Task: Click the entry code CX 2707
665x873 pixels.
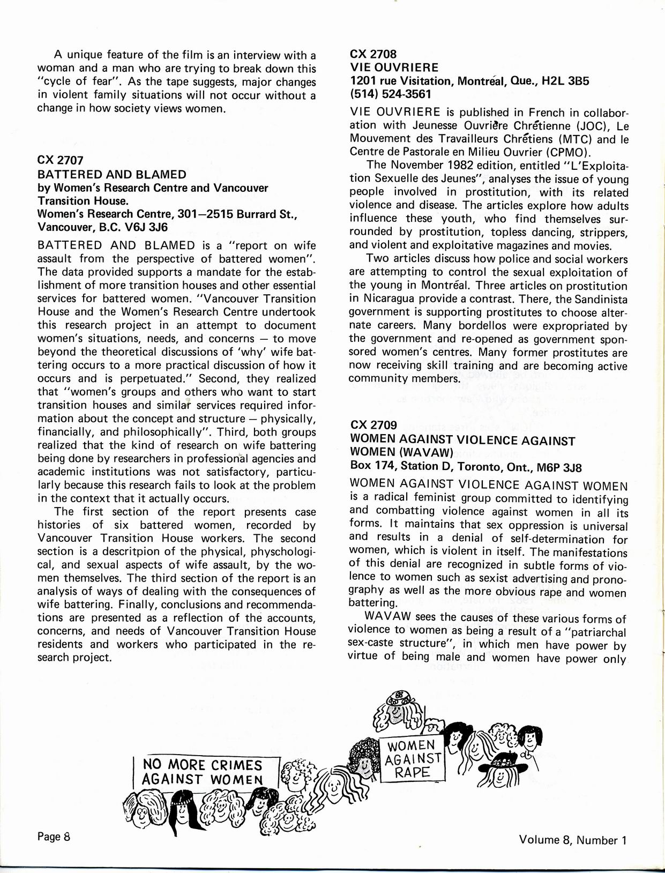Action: [x=60, y=161]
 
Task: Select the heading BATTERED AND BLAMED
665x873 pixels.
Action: [x=112, y=174]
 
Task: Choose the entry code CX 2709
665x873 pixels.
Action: [x=373, y=426]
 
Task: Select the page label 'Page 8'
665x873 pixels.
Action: [x=54, y=836]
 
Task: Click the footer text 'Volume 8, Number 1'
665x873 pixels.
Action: [x=572, y=840]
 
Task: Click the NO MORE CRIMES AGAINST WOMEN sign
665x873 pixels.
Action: [x=206, y=771]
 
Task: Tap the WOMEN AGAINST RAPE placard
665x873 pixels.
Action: [x=413, y=759]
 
